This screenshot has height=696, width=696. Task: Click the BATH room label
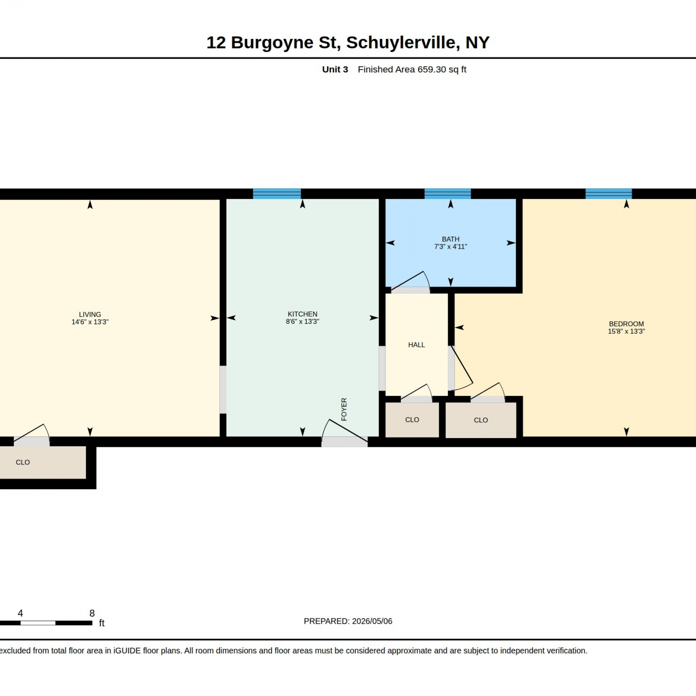point(451,239)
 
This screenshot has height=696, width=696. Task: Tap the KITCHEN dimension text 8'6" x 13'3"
point(303,322)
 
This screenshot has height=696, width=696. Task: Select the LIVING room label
point(90,314)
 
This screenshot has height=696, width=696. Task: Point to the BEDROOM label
point(626,324)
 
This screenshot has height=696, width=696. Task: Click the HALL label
point(417,345)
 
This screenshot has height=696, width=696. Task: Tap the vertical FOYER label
point(344,409)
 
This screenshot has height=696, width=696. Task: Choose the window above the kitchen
point(277,193)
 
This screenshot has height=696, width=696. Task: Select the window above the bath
point(448,193)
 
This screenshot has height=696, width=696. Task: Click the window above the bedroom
point(609,193)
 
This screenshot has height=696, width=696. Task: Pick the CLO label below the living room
point(23,462)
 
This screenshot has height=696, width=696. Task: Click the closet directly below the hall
point(412,419)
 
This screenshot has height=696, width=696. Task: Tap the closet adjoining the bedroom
point(481,420)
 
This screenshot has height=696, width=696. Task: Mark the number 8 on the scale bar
point(92,613)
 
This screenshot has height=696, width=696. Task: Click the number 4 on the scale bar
point(20,613)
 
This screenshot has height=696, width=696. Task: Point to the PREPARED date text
point(348,621)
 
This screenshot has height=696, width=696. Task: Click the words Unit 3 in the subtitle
point(335,69)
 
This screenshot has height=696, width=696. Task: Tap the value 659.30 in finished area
point(432,69)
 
